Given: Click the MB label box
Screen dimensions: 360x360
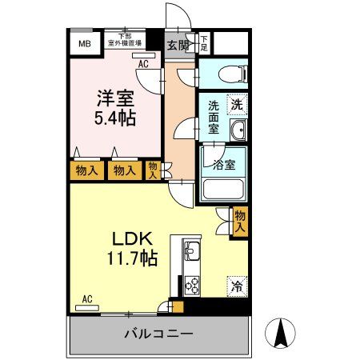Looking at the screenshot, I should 84,43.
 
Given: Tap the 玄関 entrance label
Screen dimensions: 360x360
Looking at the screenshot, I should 178,45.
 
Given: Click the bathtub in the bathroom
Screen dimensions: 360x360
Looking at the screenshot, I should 223,189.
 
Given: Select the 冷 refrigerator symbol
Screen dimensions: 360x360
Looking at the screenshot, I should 237,284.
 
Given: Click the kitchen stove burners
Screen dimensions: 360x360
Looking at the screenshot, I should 193,283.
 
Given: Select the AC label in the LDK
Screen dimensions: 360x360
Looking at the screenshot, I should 87,299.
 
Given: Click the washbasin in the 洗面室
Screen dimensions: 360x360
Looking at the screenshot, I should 237,130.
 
